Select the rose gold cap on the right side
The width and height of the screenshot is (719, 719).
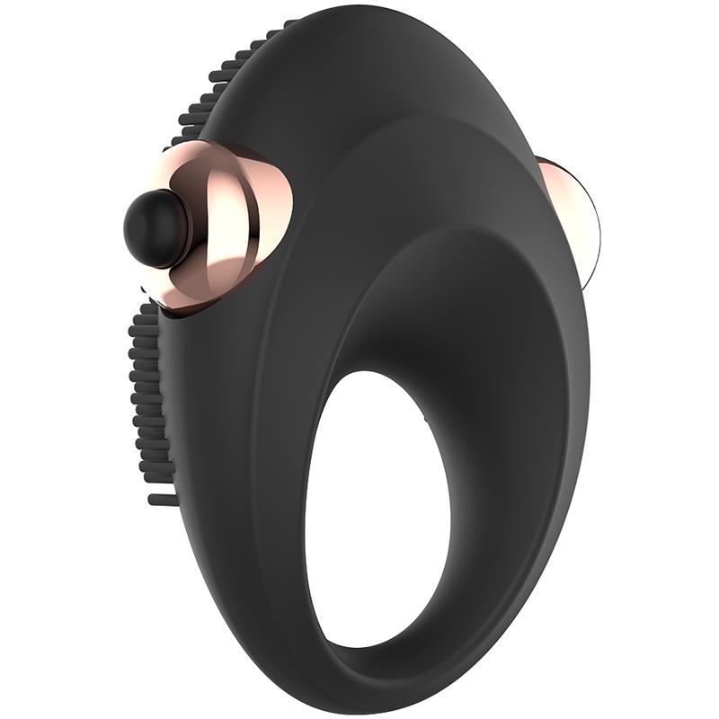565,216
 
